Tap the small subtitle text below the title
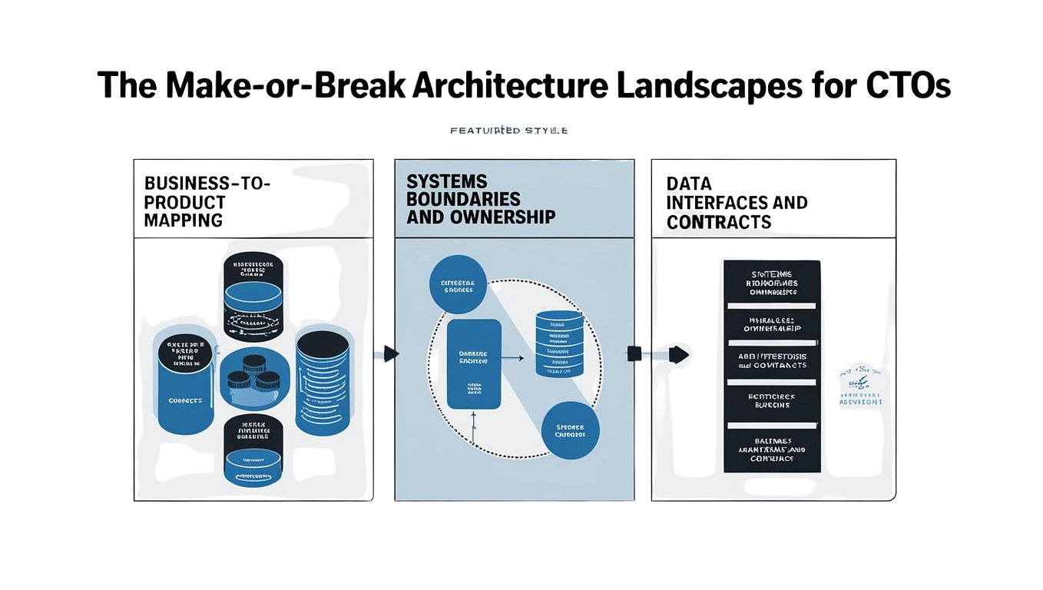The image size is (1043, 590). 508,131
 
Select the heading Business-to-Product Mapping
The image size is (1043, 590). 207,202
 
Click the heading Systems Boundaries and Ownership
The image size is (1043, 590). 480,200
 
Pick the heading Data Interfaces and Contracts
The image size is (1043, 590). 736,203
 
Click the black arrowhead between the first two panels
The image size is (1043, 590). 391,353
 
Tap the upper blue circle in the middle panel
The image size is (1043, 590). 458,284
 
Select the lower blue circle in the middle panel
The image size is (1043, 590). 570,431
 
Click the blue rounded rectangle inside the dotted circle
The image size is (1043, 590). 474,364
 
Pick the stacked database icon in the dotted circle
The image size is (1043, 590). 559,343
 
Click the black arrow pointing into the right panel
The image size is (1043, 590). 678,354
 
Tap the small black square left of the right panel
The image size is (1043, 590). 634,353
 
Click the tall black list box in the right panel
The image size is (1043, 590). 771,366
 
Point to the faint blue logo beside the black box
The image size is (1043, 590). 860,384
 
